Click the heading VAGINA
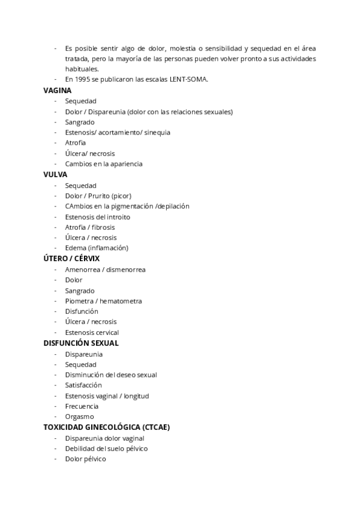[x=57, y=91]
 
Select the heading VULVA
[x=55, y=175]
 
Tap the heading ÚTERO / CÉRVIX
[x=71, y=259]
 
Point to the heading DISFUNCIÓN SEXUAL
[x=81, y=343]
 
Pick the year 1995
[x=83, y=80]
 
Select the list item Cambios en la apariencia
[x=103, y=164]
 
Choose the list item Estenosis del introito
[x=97, y=217]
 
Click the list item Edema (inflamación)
[x=97, y=248]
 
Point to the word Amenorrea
[x=82, y=270]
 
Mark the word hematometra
[x=121, y=301]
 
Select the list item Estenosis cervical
[x=92, y=333]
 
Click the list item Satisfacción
[x=83, y=385]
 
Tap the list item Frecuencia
[x=82, y=406]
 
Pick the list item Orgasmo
[x=79, y=417]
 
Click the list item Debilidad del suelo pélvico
[x=106, y=448]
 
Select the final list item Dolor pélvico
[x=85, y=459]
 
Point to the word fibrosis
[x=104, y=227]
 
